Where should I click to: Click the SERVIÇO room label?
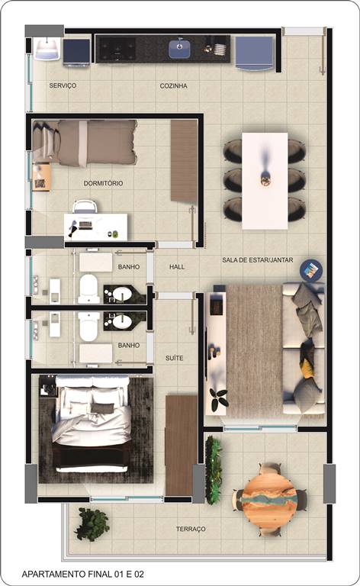coord(63,85)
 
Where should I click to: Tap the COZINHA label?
coord(173,86)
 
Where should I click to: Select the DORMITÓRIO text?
coord(103,183)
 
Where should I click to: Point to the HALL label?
coord(177,266)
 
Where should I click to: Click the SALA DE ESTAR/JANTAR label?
coord(257,259)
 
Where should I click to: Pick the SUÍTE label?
coord(175,358)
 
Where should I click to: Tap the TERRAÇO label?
coord(191,529)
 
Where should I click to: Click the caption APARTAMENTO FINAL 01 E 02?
coord(83,574)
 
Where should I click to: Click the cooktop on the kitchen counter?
coord(117,49)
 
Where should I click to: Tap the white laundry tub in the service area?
coord(47,49)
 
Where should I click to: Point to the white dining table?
coord(265,181)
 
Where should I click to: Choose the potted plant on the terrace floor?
coord(92,524)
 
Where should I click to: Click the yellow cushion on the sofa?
coord(307,367)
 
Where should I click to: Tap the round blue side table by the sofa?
coord(311,270)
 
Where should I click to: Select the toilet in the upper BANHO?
coord(88,289)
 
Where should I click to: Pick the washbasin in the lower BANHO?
coord(122,321)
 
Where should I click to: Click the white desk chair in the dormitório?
coord(85,207)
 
